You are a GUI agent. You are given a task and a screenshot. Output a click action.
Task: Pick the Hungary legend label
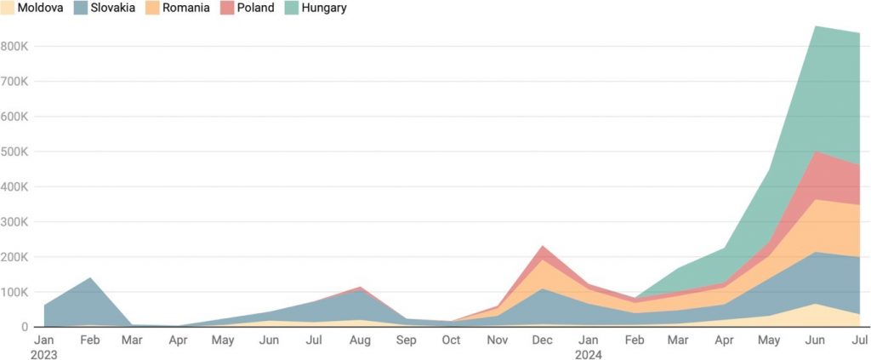point(323,8)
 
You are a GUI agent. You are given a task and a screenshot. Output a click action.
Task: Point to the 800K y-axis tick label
point(15,46)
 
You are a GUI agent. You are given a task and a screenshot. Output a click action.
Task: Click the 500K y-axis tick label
point(15,151)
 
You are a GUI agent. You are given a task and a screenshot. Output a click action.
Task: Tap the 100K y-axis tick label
point(15,292)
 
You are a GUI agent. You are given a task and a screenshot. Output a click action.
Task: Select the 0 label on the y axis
point(26,327)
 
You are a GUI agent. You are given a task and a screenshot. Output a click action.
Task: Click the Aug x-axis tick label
point(359,340)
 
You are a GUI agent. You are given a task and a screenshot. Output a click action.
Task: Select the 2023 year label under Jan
point(44,354)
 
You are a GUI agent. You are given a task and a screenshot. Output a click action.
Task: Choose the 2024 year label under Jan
point(587,354)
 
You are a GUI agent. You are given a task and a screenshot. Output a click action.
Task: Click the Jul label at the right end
point(859,340)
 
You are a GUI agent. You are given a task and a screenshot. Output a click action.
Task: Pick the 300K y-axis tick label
point(15,221)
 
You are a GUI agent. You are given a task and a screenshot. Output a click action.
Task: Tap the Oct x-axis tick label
point(450,340)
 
